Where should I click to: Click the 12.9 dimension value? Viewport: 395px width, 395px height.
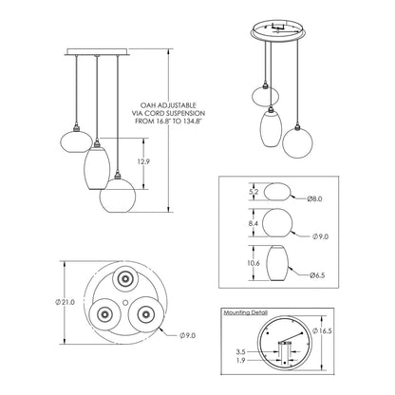click(143, 161)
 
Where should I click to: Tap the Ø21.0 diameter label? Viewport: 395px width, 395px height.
click(65, 302)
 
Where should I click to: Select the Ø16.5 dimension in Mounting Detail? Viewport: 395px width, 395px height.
click(322, 330)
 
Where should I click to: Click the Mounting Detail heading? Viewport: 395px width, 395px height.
click(246, 312)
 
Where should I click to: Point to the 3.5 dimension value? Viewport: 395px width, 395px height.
click(240, 351)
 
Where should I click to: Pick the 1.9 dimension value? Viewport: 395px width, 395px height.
click(240, 360)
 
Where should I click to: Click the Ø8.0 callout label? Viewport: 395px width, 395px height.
click(314, 198)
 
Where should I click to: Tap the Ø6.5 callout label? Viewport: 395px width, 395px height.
click(317, 275)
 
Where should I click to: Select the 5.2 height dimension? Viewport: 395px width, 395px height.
click(254, 192)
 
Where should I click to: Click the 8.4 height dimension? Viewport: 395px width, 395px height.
click(254, 223)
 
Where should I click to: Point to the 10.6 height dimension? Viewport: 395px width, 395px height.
click(254, 263)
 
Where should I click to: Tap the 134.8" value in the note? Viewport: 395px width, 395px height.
click(191, 121)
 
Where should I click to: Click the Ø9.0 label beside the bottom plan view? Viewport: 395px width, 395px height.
click(187, 335)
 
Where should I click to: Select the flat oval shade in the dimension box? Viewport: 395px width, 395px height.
click(277, 191)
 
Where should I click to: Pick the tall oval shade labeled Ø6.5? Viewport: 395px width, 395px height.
click(277, 263)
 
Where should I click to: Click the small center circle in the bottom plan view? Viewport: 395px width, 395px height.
click(125, 302)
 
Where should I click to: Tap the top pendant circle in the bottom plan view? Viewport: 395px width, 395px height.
click(124, 278)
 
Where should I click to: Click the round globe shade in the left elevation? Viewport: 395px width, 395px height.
click(118, 196)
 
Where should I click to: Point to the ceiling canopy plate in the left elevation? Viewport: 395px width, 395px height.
click(98, 52)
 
